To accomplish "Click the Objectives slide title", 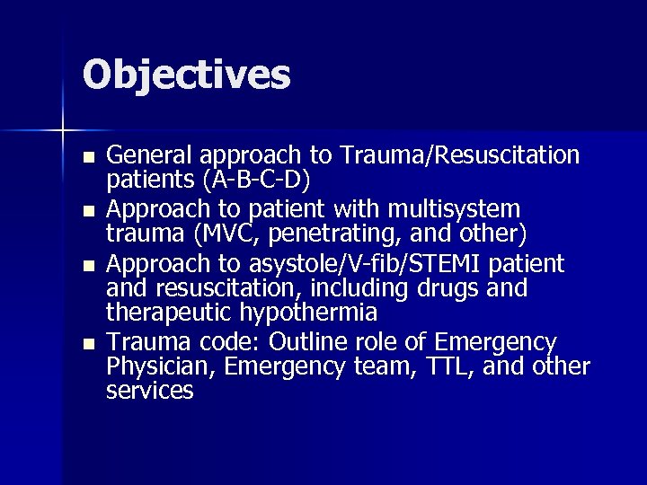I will point(187,75).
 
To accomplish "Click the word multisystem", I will point(455,209).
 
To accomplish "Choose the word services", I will point(149,391).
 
